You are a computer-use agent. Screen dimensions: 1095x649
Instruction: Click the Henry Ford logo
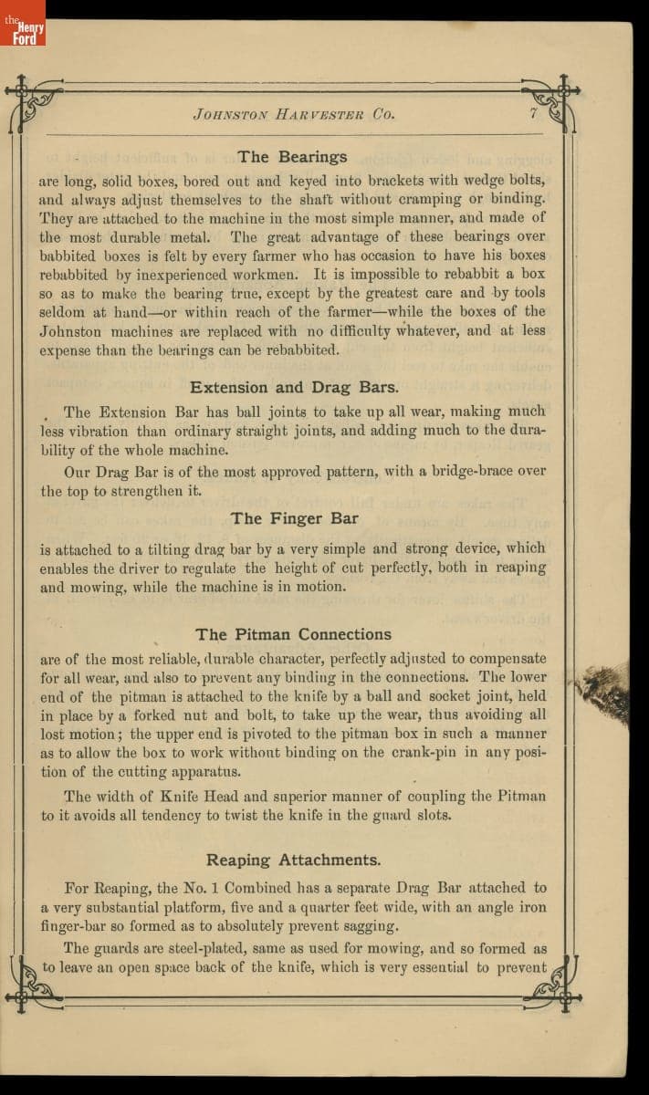click(23, 23)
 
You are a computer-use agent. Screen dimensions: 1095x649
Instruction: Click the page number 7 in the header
click(533, 114)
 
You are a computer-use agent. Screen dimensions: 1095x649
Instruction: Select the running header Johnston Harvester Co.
click(293, 115)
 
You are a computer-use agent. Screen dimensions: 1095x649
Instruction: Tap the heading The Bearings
click(292, 157)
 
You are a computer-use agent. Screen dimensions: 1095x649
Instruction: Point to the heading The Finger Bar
click(294, 518)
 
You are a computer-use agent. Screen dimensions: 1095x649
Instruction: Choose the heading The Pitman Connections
click(293, 634)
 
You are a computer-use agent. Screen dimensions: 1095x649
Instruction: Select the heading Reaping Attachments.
click(293, 860)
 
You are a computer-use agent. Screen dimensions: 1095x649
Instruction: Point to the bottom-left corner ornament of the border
click(29, 984)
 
